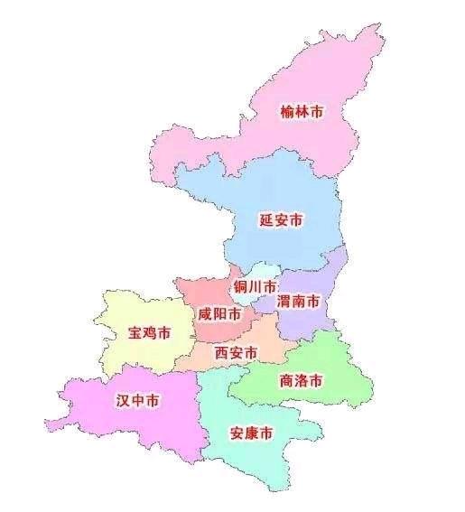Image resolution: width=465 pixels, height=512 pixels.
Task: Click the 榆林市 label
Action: point(302,113)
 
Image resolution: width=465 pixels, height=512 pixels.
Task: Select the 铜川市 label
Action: point(254,287)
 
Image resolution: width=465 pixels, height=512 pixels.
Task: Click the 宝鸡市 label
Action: point(148,333)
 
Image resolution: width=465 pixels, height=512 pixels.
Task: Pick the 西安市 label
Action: point(237,352)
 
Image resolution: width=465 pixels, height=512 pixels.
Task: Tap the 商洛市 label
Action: point(302,380)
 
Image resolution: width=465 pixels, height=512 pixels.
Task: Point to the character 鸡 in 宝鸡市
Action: point(148,333)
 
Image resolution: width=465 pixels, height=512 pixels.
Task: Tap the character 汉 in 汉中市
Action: point(122,399)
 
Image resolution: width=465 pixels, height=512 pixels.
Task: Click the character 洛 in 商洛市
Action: point(302,380)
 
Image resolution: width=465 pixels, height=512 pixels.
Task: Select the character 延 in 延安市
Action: point(265,219)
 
